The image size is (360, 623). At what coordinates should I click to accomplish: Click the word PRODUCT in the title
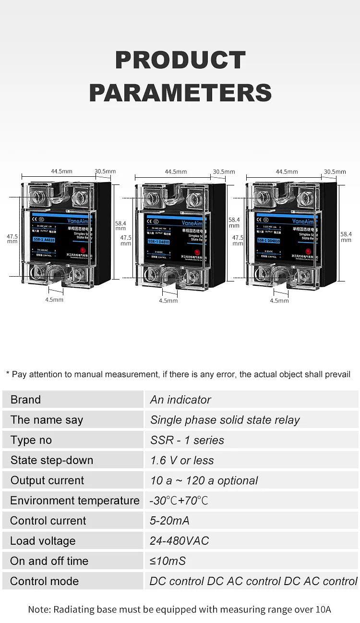pos(180,61)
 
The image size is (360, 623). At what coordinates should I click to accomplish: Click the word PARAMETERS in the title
pos(180,93)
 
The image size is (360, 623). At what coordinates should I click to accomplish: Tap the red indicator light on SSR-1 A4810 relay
pos(84,250)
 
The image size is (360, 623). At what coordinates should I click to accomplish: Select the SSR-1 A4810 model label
pos(43,239)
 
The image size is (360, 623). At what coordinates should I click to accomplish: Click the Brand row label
pos(26,400)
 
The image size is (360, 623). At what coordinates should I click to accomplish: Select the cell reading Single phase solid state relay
pos(225,420)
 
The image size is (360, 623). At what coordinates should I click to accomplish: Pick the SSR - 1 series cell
pos(187,440)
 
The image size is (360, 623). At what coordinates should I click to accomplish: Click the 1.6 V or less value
pos(182,460)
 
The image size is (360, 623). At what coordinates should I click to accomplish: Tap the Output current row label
pos(47,480)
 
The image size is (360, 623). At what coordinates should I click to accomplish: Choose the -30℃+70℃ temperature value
pos(179,501)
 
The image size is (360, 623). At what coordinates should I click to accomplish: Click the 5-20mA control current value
pos(169,521)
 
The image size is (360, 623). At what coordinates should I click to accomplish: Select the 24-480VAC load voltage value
pos(179,541)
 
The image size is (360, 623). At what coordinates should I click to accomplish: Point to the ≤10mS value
pos(168,561)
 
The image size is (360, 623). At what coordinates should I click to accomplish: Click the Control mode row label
pos(44,581)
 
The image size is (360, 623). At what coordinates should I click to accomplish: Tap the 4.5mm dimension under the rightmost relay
pos(279,301)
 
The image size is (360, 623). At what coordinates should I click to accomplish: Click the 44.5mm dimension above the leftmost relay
pos(61,171)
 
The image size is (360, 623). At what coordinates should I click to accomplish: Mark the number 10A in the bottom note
pos(322,610)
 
